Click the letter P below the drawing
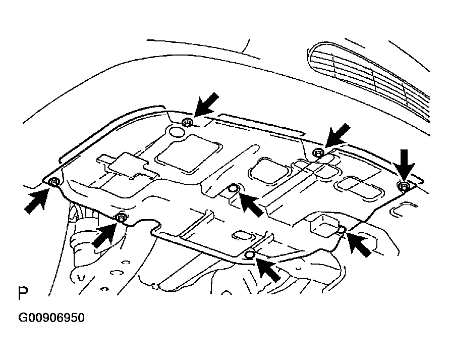pos(23,294)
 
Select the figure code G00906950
pos(52,318)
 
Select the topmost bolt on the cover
pos(188,122)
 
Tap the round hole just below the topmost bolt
pos(177,133)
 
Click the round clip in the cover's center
pos(234,189)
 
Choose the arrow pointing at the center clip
pos(251,203)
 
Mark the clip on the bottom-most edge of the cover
pos(249,255)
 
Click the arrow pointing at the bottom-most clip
pos(267,269)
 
